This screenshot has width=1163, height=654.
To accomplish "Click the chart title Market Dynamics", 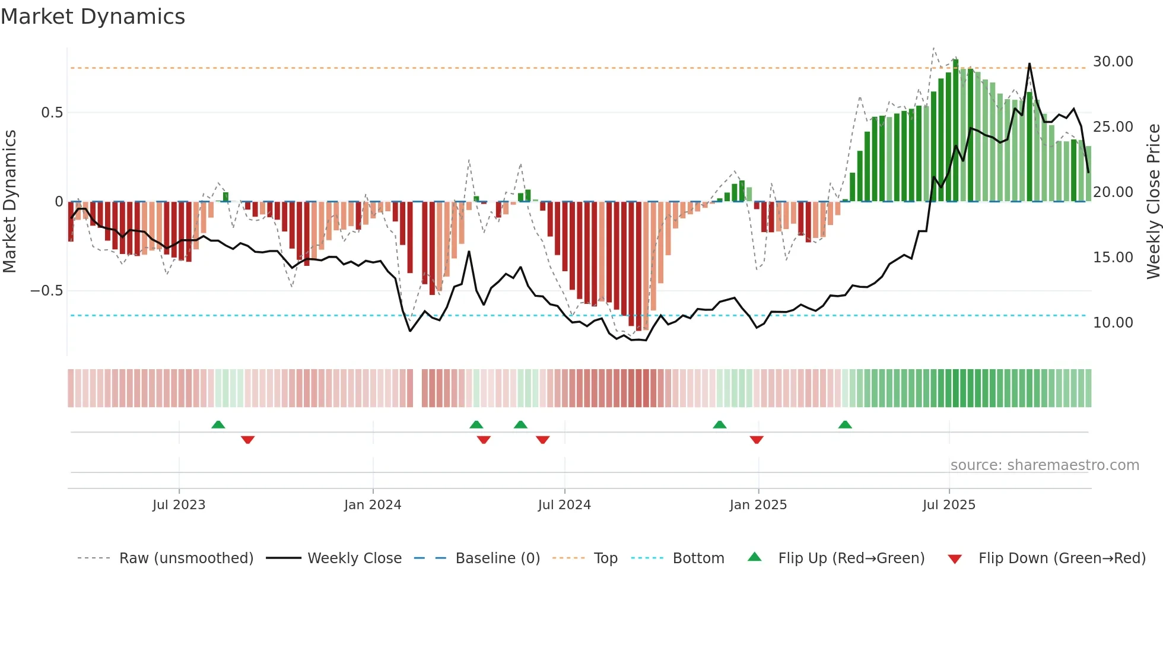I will click(93, 17).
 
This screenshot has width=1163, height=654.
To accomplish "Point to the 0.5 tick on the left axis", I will click(52, 113).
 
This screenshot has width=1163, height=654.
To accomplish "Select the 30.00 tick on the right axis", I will click(1113, 62).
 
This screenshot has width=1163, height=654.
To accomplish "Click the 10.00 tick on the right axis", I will click(1113, 323).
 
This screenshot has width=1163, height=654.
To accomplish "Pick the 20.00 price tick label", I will click(1113, 192).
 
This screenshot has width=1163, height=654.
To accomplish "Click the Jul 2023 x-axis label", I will click(179, 505).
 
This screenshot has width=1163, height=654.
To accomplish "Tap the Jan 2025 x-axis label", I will click(758, 505).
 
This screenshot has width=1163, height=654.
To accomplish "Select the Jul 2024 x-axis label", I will click(564, 505).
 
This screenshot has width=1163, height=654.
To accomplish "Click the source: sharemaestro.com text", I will click(1044, 465).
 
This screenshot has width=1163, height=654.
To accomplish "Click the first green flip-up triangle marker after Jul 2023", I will click(218, 424).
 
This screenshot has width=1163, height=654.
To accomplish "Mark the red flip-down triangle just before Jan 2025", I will click(757, 440).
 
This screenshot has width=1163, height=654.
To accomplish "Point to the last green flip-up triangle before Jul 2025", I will click(845, 424).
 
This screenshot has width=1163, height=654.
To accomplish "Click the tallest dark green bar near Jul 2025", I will click(955, 131).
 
